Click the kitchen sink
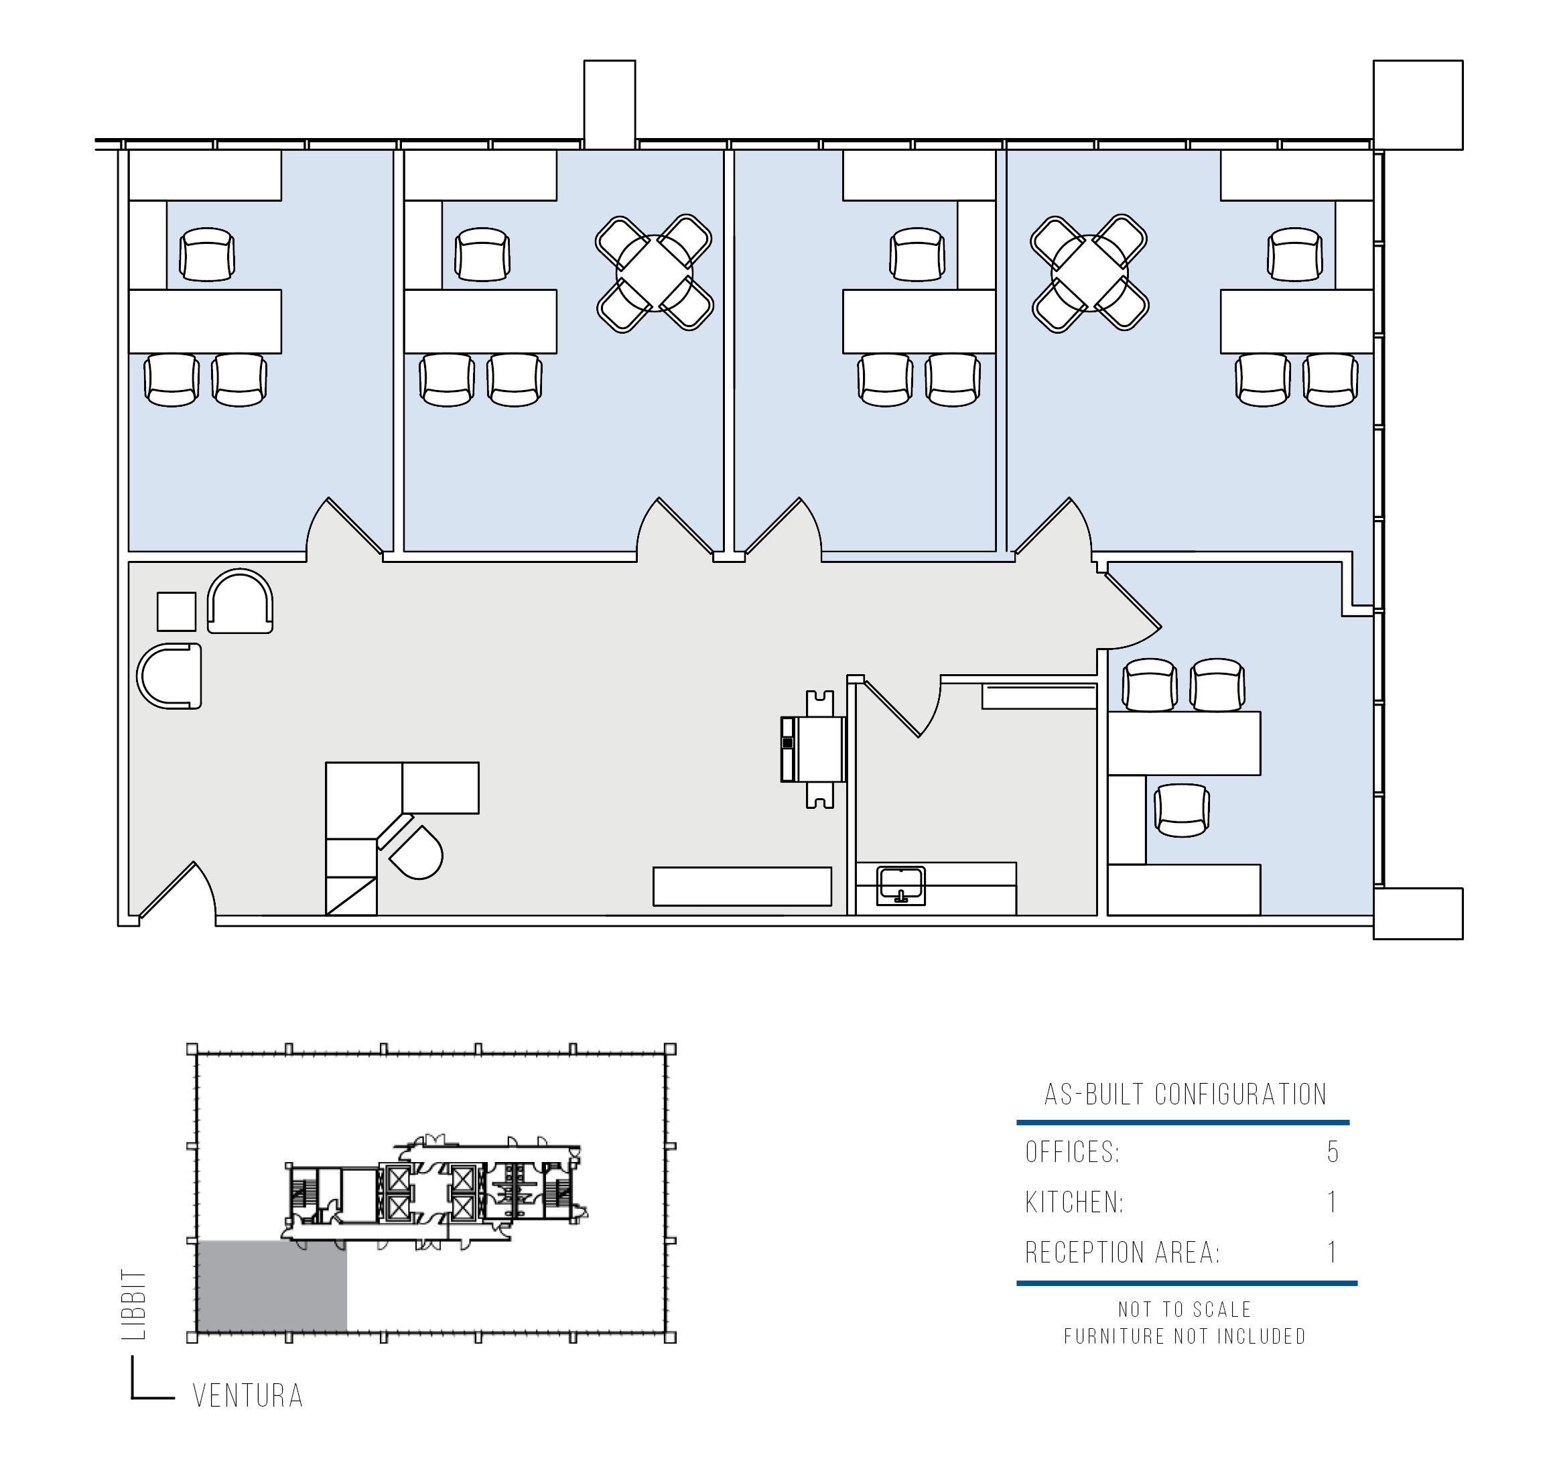900,885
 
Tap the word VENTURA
248,1397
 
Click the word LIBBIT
134,1305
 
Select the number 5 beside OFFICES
1332,1153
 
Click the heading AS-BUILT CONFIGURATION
1185,1094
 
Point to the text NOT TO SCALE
1185,1309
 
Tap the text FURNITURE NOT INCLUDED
1185,1336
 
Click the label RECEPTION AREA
1122,1253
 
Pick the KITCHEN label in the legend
1074,1202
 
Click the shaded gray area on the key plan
271,1287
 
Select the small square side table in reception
176,612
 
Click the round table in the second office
654,273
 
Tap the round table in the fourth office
1089,273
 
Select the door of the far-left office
346,525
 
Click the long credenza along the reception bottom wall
742,887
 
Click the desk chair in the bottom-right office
1181,810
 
